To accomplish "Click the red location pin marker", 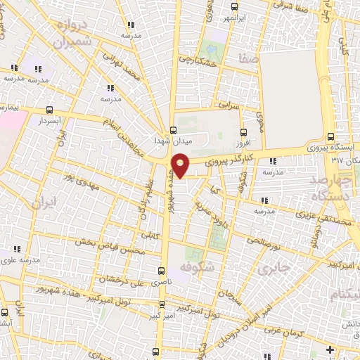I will coord(181,167).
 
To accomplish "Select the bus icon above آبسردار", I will coord(49,110).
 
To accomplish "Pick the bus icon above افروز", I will coord(244,131).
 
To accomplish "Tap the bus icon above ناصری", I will coord(162,269).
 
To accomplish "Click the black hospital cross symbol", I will coord(330,349).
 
